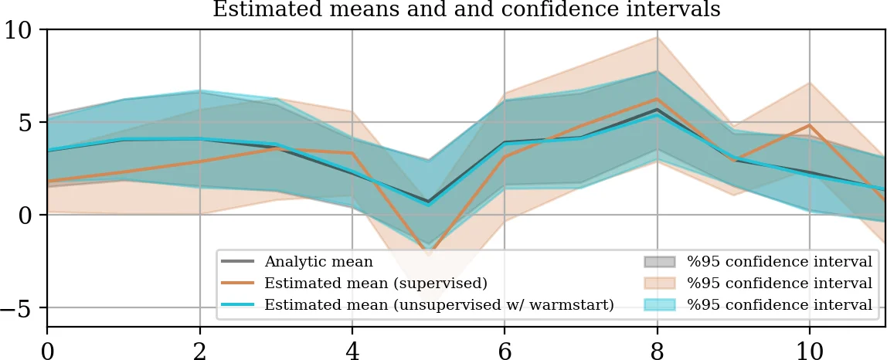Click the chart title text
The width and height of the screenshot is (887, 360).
click(x=466, y=10)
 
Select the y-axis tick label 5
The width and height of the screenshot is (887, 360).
click(x=28, y=123)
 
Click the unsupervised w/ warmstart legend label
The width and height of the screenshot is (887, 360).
click(x=439, y=305)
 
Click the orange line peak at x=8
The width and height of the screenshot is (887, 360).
click(x=657, y=99)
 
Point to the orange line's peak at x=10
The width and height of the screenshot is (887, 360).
click(x=809, y=125)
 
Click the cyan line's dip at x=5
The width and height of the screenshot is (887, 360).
click(x=429, y=205)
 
